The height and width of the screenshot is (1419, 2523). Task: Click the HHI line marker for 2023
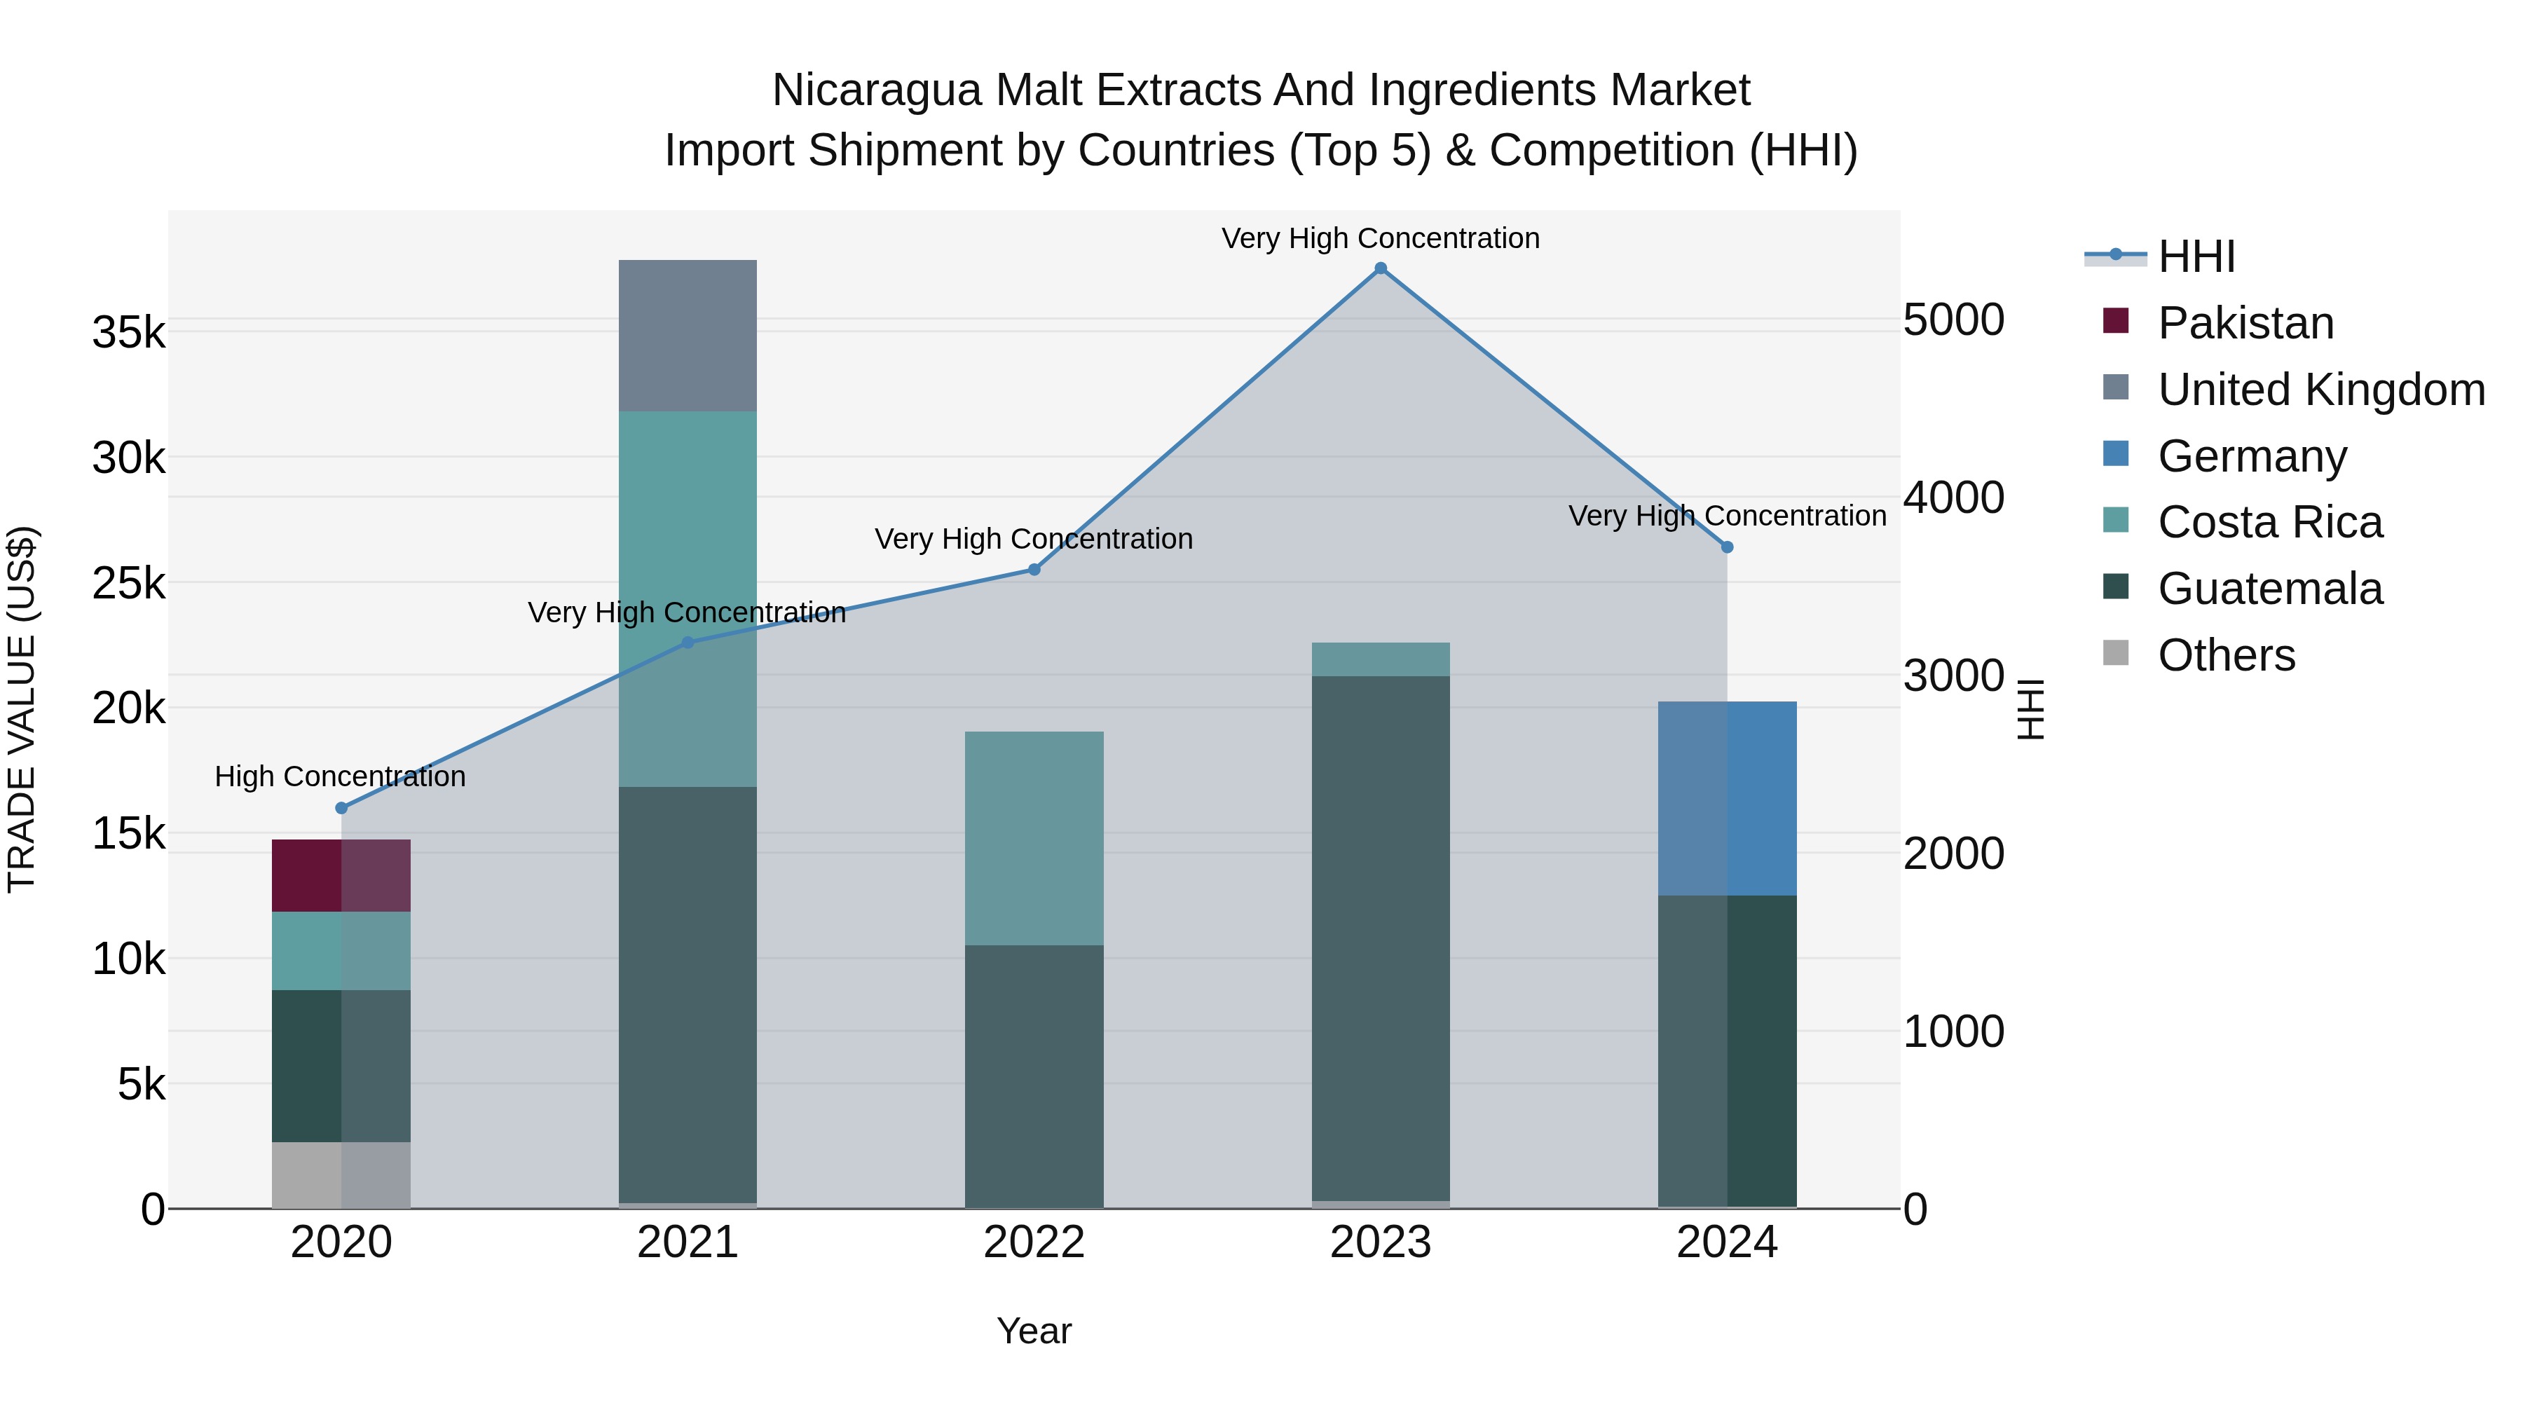point(1380,268)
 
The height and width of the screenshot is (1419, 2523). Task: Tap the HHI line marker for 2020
point(341,808)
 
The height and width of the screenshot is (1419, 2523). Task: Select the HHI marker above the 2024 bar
point(1727,547)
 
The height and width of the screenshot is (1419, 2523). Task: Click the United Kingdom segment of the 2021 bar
point(688,335)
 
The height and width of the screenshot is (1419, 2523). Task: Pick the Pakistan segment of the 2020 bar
point(341,875)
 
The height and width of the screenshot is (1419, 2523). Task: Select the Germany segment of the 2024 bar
point(1727,798)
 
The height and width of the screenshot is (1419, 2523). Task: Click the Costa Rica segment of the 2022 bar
point(1034,838)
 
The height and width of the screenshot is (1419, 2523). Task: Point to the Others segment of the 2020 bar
point(341,1175)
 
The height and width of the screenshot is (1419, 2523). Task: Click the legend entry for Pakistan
point(2245,323)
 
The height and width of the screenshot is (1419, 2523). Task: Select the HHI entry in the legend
point(2196,256)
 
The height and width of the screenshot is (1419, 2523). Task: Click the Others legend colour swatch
point(2116,652)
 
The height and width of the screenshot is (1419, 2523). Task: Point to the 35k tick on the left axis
point(129,333)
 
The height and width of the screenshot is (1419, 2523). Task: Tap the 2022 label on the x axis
point(1034,1242)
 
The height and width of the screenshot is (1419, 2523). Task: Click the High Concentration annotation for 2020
point(340,776)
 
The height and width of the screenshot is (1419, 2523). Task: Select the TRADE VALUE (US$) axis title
point(22,709)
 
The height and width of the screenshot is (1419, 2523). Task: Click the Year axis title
point(1034,1331)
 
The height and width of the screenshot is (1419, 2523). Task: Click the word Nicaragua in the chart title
point(875,90)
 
